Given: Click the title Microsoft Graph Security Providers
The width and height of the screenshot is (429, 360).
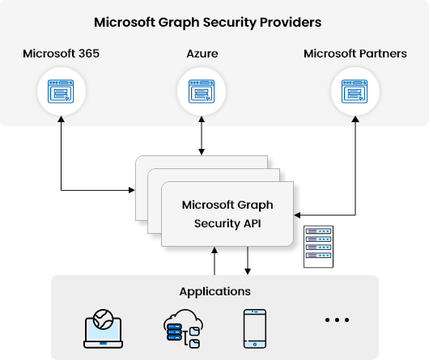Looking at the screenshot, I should coord(207,23).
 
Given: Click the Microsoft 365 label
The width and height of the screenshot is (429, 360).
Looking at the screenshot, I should coord(62,54).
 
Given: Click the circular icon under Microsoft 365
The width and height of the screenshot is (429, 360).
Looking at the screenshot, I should coord(62,91).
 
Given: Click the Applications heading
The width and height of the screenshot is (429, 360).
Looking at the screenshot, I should coord(214,291).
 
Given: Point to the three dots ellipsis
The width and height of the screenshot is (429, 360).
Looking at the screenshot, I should coord(335,320).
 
